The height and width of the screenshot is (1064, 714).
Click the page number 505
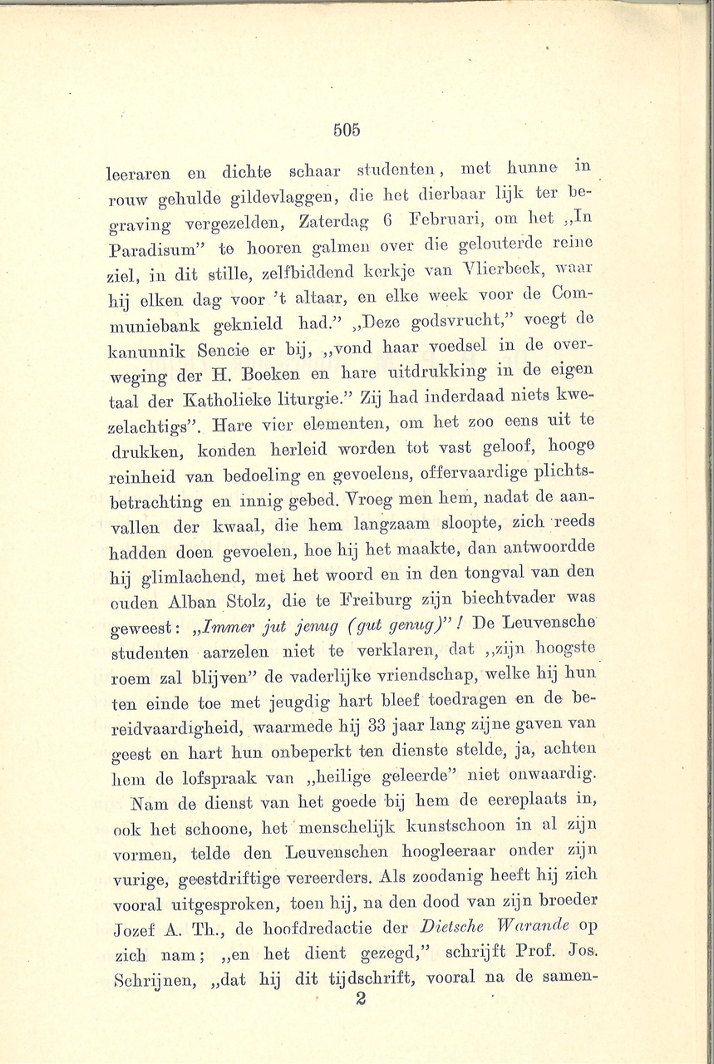[x=347, y=129]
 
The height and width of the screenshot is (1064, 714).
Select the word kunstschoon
[x=436, y=826]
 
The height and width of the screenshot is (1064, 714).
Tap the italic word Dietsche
[x=457, y=925]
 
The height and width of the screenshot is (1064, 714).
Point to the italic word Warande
[x=533, y=925]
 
